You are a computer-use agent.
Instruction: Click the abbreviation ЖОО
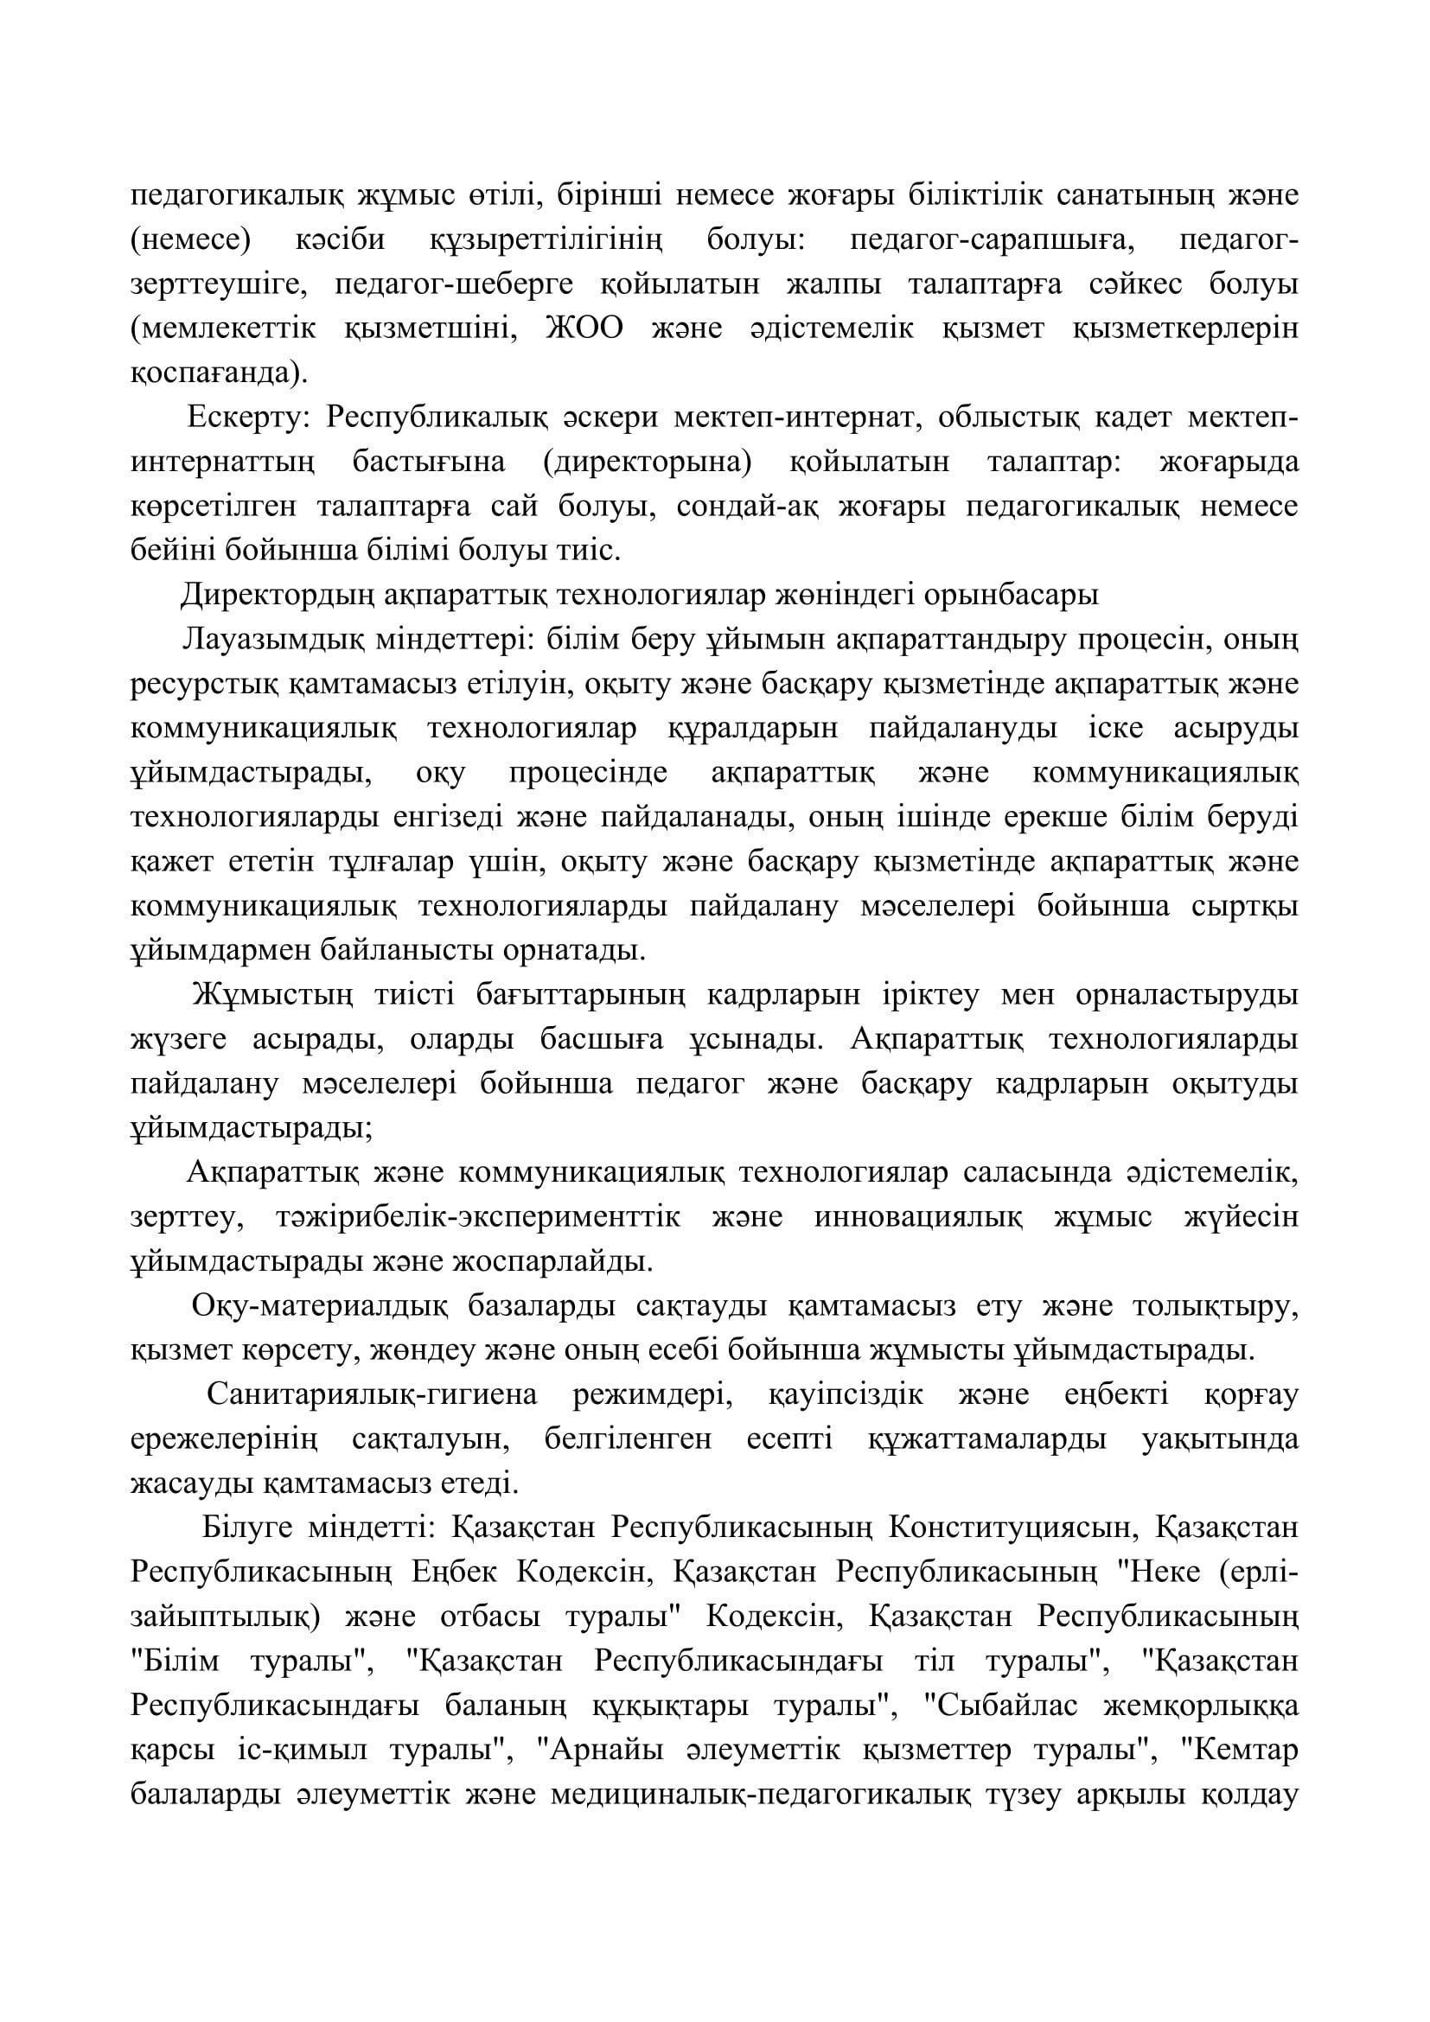(x=585, y=328)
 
